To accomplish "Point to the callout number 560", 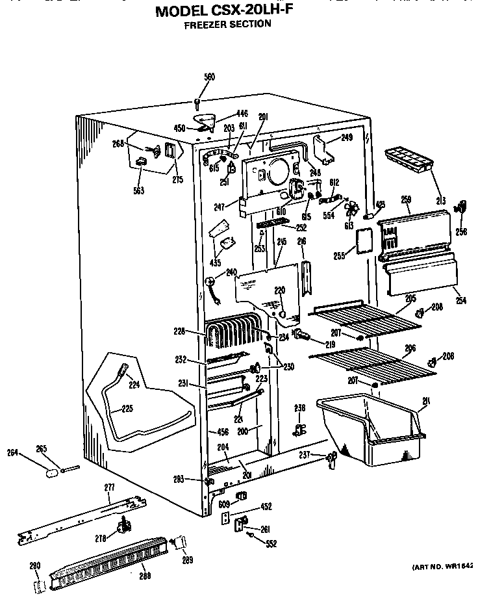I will (209, 77).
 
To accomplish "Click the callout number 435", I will (214, 263).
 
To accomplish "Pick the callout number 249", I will (346, 138).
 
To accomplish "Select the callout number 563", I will (140, 190).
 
